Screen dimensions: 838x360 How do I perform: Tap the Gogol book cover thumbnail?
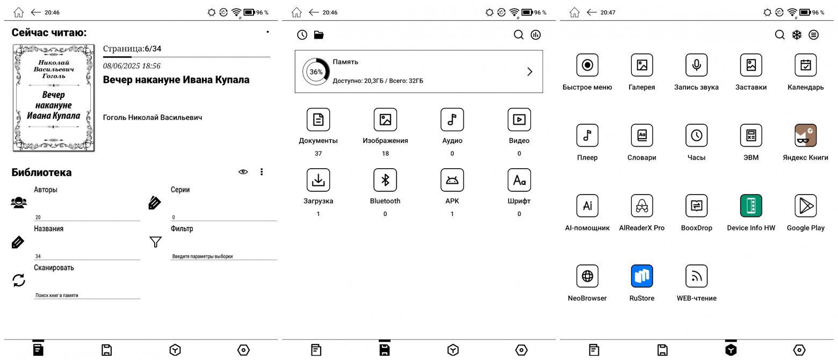pyautogui.click(x=54, y=98)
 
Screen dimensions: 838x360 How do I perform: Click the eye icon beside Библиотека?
pyautogui.click(x=243, y=172)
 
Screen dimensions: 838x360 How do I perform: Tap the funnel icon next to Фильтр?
pyautogui.click(x=156, y=242)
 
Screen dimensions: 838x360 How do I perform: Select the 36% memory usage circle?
pyautogui.click(x=316, y=71)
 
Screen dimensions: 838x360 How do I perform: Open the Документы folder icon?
pyautogui.click(x=319, y=120)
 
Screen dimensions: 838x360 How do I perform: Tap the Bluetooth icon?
pyautogui.click(x=385, y=180)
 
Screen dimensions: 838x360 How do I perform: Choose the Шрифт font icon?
pyautogui.click(x=519, y=180)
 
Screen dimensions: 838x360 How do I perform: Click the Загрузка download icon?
pyautogui.click(x=319, y=180)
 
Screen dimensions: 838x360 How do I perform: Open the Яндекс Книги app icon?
pyautogui.click(x=806, y=135)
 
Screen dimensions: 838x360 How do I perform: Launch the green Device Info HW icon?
pyautogui.click(x=751, y=206)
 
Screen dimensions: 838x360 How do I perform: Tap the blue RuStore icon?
pyautogui.click(x=642, y=276)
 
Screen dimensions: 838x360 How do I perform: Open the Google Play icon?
pyautogui.click(x=806, y=206)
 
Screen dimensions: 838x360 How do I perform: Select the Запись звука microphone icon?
pyautogui.click(x=697, y=65)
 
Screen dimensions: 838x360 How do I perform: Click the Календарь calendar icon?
pyautogui.click(x=806, y=65)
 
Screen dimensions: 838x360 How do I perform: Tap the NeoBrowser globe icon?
pyautogui.click(x=587, y=276)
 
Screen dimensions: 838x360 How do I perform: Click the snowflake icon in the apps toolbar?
pyautogui.click(x=797, y=35)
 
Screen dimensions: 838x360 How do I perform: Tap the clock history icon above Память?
pyautogui.click(x=302, y=35)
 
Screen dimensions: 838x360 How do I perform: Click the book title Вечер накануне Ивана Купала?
pyautogui.click(x=176, y=80)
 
